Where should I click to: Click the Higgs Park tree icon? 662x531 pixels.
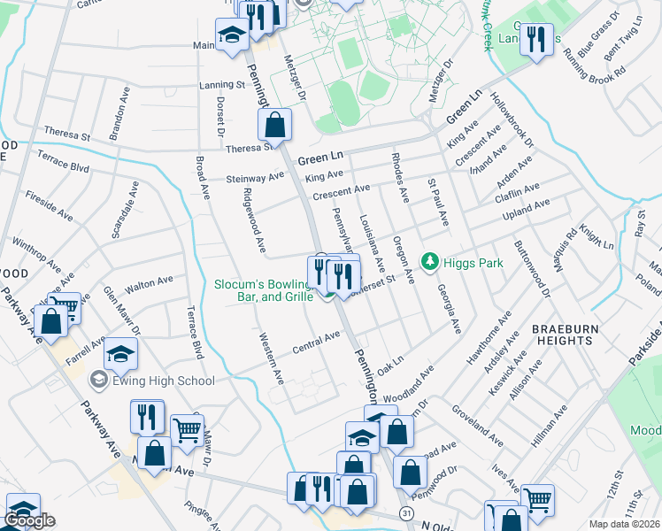[430, 261]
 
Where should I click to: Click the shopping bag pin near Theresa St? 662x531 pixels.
[276, 126]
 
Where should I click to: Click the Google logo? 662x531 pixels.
[29, 520]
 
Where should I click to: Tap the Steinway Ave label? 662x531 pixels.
[256, 177]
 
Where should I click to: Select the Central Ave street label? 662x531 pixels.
[317, 341]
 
